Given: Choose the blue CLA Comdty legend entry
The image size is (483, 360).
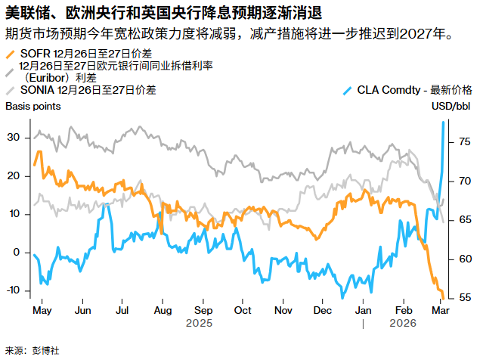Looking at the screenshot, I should (x=408, y=89).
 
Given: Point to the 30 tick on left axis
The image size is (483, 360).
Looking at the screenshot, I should (x=13, y=137).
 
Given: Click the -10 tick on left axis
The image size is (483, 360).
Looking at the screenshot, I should (x=11, y=290).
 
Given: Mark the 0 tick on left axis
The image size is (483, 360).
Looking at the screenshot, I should (x=16, y=252).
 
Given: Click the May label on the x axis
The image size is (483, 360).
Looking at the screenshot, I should (x=42, y=311).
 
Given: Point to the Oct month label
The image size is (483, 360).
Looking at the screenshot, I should (x=243, y=311).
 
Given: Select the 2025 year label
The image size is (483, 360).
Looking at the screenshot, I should (x=200, y=324).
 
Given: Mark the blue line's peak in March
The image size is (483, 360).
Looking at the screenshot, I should (x=443, y=123).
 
